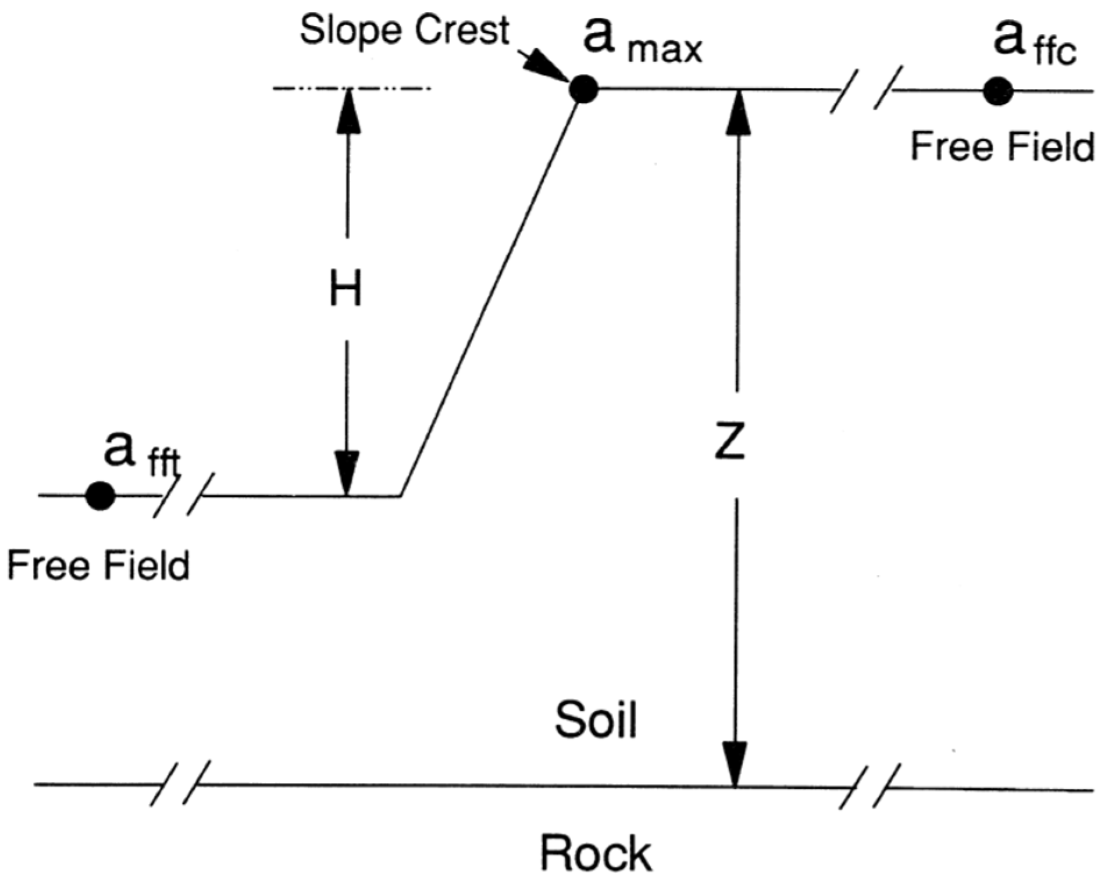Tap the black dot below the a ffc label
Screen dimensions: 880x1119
tap(998, 91)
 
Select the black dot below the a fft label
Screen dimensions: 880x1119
tap(100, 495)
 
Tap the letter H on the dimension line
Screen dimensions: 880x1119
tap(346, 289)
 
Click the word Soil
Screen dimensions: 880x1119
tap(596, 720)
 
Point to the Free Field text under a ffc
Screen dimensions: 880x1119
tap(1002, 146)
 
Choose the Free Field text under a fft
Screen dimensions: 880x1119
tap(98, 565)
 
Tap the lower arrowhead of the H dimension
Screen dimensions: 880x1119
tap(347, 474)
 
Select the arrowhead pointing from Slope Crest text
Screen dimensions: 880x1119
tap(547, 67)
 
